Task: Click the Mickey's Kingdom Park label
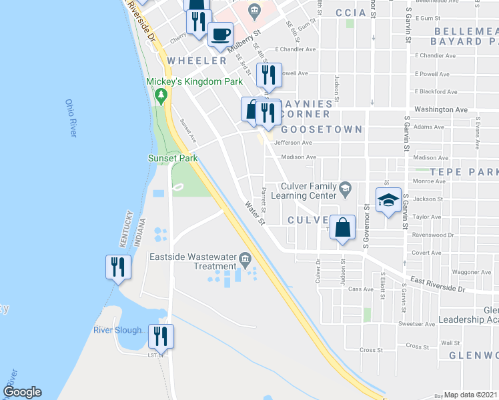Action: pos(185,81)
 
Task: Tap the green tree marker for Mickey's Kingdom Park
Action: pos(160,96)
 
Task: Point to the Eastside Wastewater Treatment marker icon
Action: pos(245,258)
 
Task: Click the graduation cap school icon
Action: pos(388,200)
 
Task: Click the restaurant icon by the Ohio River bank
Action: pos(117,267)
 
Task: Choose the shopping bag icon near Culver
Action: pos(342,227)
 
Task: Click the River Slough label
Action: pos(117,330)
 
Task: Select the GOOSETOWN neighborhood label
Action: pos(322,129)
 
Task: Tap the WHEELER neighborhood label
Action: pos(197,61)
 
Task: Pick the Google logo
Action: pos(22,392)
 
